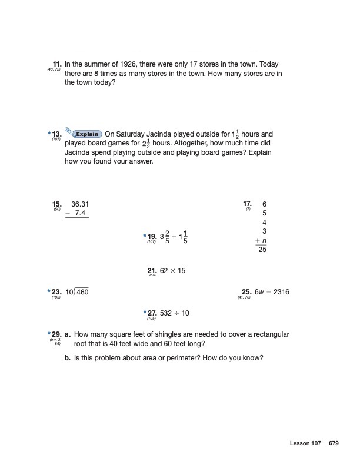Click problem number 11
click(57, 64)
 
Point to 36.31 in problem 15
click(80, 204)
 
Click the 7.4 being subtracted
click(81, 213)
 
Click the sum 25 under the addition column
click(262, 250)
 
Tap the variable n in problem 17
click(265, 240)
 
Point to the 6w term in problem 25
click(259, 292)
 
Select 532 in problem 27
click(166, 313)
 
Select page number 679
click(334, 443)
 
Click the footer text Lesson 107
click(305, 443)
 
